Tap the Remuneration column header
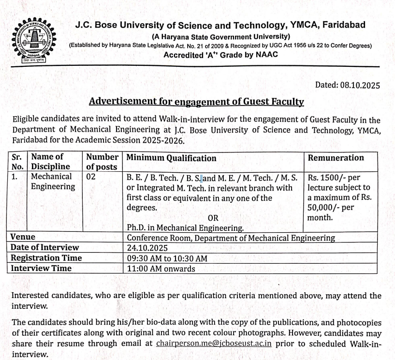(x=336, y=158)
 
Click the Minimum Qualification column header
(x=171, y=158)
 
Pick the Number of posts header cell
(x=102, y=162)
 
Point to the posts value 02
(x=91, y=177)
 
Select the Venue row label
(x=23, y=238)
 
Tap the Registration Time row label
(x=46, y=258)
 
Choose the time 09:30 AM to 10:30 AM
(x=167, y=258)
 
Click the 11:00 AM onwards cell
(x=161, y=269)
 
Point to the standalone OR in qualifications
(x=213, y=218)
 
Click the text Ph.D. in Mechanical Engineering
(x=185, y=227)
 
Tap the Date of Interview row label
(x=45, y=248)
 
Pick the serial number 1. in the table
(x=15, y=177)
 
